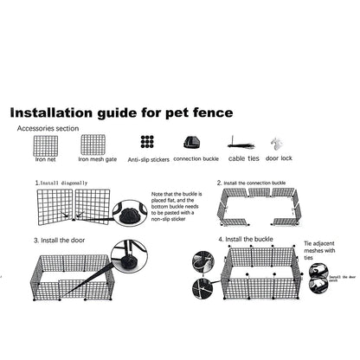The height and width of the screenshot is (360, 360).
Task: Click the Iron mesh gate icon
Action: click(x=93, y=144)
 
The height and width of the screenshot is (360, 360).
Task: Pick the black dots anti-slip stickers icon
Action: click(x=148, y=143)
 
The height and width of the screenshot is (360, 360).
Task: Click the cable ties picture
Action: click(x=241, y=144)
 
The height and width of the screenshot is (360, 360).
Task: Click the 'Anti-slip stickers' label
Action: click(x=148, y=160)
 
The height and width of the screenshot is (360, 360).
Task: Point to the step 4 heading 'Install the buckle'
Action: click(x=249, y=238)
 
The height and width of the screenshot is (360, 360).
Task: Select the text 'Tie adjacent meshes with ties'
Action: click(x=321, y=251)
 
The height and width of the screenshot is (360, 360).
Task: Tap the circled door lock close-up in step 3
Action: click(x=129, y=256)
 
